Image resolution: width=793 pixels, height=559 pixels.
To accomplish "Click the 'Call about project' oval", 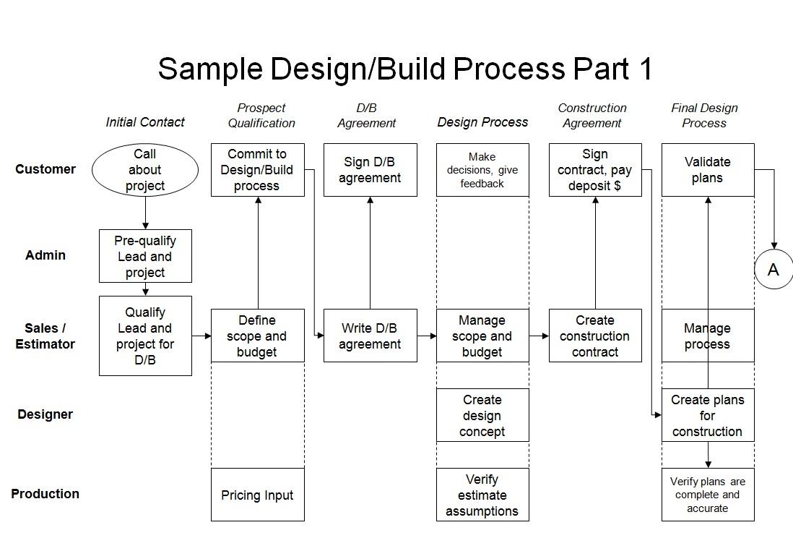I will (x=144, y=170).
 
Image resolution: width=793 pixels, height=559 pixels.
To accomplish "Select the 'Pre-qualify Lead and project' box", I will (x=145, y=256).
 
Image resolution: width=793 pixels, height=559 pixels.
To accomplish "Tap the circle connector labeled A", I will (x=773, y=270).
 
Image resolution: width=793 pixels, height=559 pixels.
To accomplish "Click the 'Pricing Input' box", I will (x=257, y=495).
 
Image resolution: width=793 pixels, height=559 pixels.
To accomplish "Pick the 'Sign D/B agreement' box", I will (x=370, y=170).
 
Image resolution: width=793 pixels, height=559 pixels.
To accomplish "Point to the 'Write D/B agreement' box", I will (x=370, y=336).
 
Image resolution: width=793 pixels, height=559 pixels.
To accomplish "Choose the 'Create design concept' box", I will (x=482, y=415).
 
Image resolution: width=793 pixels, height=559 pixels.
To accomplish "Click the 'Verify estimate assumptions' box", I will (x=482, y=495).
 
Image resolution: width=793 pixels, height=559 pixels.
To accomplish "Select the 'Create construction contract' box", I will (x=595, y=336).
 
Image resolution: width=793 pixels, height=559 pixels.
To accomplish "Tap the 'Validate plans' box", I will (x=708, y=170).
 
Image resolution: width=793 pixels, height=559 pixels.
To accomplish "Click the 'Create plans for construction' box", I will (x=708, y=415).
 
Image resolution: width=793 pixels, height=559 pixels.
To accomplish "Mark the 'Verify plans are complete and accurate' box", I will (x=708, y=495).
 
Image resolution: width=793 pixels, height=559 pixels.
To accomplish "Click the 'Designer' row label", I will (x=45, y=414).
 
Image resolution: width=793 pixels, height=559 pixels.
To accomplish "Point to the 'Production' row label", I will (x=45, y=494).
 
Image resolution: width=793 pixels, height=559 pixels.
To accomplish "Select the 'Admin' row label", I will (x=45, y=255).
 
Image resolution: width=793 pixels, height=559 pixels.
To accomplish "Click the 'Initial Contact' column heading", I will (x=145, y=122).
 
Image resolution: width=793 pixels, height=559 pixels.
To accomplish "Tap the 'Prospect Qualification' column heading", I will (x=261, y=116).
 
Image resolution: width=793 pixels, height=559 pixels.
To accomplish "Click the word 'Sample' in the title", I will (x=210, y=69).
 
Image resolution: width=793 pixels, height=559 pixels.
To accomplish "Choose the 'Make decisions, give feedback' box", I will (x=482, y=170).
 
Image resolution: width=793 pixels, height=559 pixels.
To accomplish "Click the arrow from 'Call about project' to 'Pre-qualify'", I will (x=145, y=213).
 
